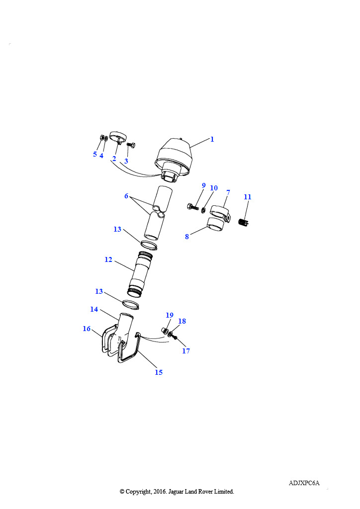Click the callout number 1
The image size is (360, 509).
coord(212,139)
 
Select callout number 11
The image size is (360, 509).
coord(247,197)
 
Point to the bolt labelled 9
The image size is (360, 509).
coord(193,206)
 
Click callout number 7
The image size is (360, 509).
coord(228,192)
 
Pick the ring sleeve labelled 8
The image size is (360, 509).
coord(215,224)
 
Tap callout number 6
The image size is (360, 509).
coord(126,196)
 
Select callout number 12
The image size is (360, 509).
coord(108,259)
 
